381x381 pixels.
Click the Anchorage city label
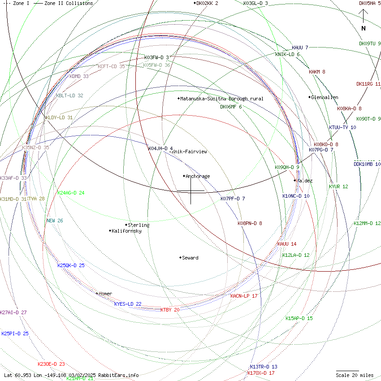(198, 176)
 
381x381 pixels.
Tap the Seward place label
(190, 258)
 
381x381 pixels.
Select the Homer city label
(105, 294)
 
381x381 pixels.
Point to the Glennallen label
(325, 97)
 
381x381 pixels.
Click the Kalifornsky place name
(127, 231)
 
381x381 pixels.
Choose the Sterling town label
(139, 225)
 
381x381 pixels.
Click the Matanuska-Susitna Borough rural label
(222, 99)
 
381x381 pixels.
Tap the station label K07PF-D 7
(233, 199)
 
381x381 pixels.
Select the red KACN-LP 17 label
(244, 296)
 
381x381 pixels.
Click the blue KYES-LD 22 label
(128, 304)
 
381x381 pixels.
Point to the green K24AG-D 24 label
(71, 193)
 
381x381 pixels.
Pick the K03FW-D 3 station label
(156, 57)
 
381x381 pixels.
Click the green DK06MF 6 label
(231, 107)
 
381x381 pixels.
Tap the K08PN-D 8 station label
(250, 223)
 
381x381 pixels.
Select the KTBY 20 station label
(170, 310)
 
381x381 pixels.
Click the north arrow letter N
(364, 29)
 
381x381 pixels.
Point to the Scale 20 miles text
(355, 375)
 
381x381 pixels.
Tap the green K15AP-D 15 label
(299, 318)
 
